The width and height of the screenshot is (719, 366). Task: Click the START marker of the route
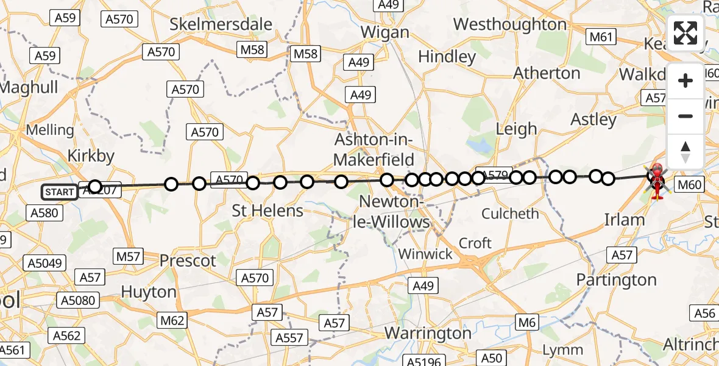[60, 192]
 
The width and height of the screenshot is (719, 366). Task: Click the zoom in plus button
[685, 81]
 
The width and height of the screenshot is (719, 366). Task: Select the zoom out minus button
[685, 116]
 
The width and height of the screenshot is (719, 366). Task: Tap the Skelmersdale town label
[221, 24]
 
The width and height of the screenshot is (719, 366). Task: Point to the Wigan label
[384, 32]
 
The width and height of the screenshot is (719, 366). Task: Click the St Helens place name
[267, 211]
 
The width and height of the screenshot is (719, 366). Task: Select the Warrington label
[427, 334]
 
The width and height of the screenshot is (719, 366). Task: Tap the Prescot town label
[188, 261]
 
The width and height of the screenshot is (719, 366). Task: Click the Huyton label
[149, 292]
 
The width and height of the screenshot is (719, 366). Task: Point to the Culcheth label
[510, 214]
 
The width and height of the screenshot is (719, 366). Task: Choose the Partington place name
[617, 280]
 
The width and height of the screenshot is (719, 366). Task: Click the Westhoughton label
[510, 24]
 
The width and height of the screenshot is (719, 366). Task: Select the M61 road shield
[600, 38]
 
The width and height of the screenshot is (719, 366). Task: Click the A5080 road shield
[77, 300]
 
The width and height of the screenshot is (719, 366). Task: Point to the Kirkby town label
[91, 156]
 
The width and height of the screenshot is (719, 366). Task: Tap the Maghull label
[29, 87]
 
